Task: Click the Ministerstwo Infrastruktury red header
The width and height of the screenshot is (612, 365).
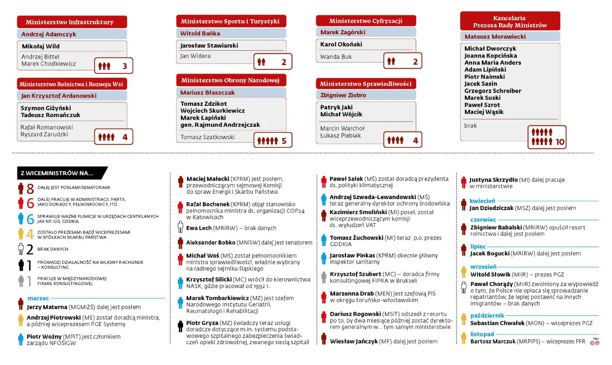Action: [x=72, y=22]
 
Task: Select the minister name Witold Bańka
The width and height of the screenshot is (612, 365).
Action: [x=200, y=33]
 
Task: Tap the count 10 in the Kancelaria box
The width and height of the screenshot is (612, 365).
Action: [x=560, y=142]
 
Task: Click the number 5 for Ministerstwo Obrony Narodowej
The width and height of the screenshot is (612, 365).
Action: [x=284, y=141]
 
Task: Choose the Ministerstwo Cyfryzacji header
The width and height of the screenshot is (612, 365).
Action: [x=365, y=21]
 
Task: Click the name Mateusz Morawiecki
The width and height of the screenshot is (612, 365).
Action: [x=495, y=37]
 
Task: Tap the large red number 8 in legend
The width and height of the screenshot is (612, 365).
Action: [x=30, y=189]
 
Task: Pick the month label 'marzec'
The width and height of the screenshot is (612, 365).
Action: [x=38, y=298]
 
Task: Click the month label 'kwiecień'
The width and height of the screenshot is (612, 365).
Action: [x=483, y=201]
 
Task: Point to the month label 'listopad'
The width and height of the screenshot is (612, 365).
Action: [x=482, y=334]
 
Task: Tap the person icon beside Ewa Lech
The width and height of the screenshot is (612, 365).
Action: [x=180, y=227]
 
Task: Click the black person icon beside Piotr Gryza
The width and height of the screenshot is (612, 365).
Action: [x=180, y=326]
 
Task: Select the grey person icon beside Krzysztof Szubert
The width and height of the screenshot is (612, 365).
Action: [x=323, y=276]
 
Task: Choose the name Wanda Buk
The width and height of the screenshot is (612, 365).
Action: [x=336, y=56]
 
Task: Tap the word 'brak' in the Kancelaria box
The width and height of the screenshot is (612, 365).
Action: [x=470, y=125]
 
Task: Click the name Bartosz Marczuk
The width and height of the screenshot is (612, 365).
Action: [x=493, y=341]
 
